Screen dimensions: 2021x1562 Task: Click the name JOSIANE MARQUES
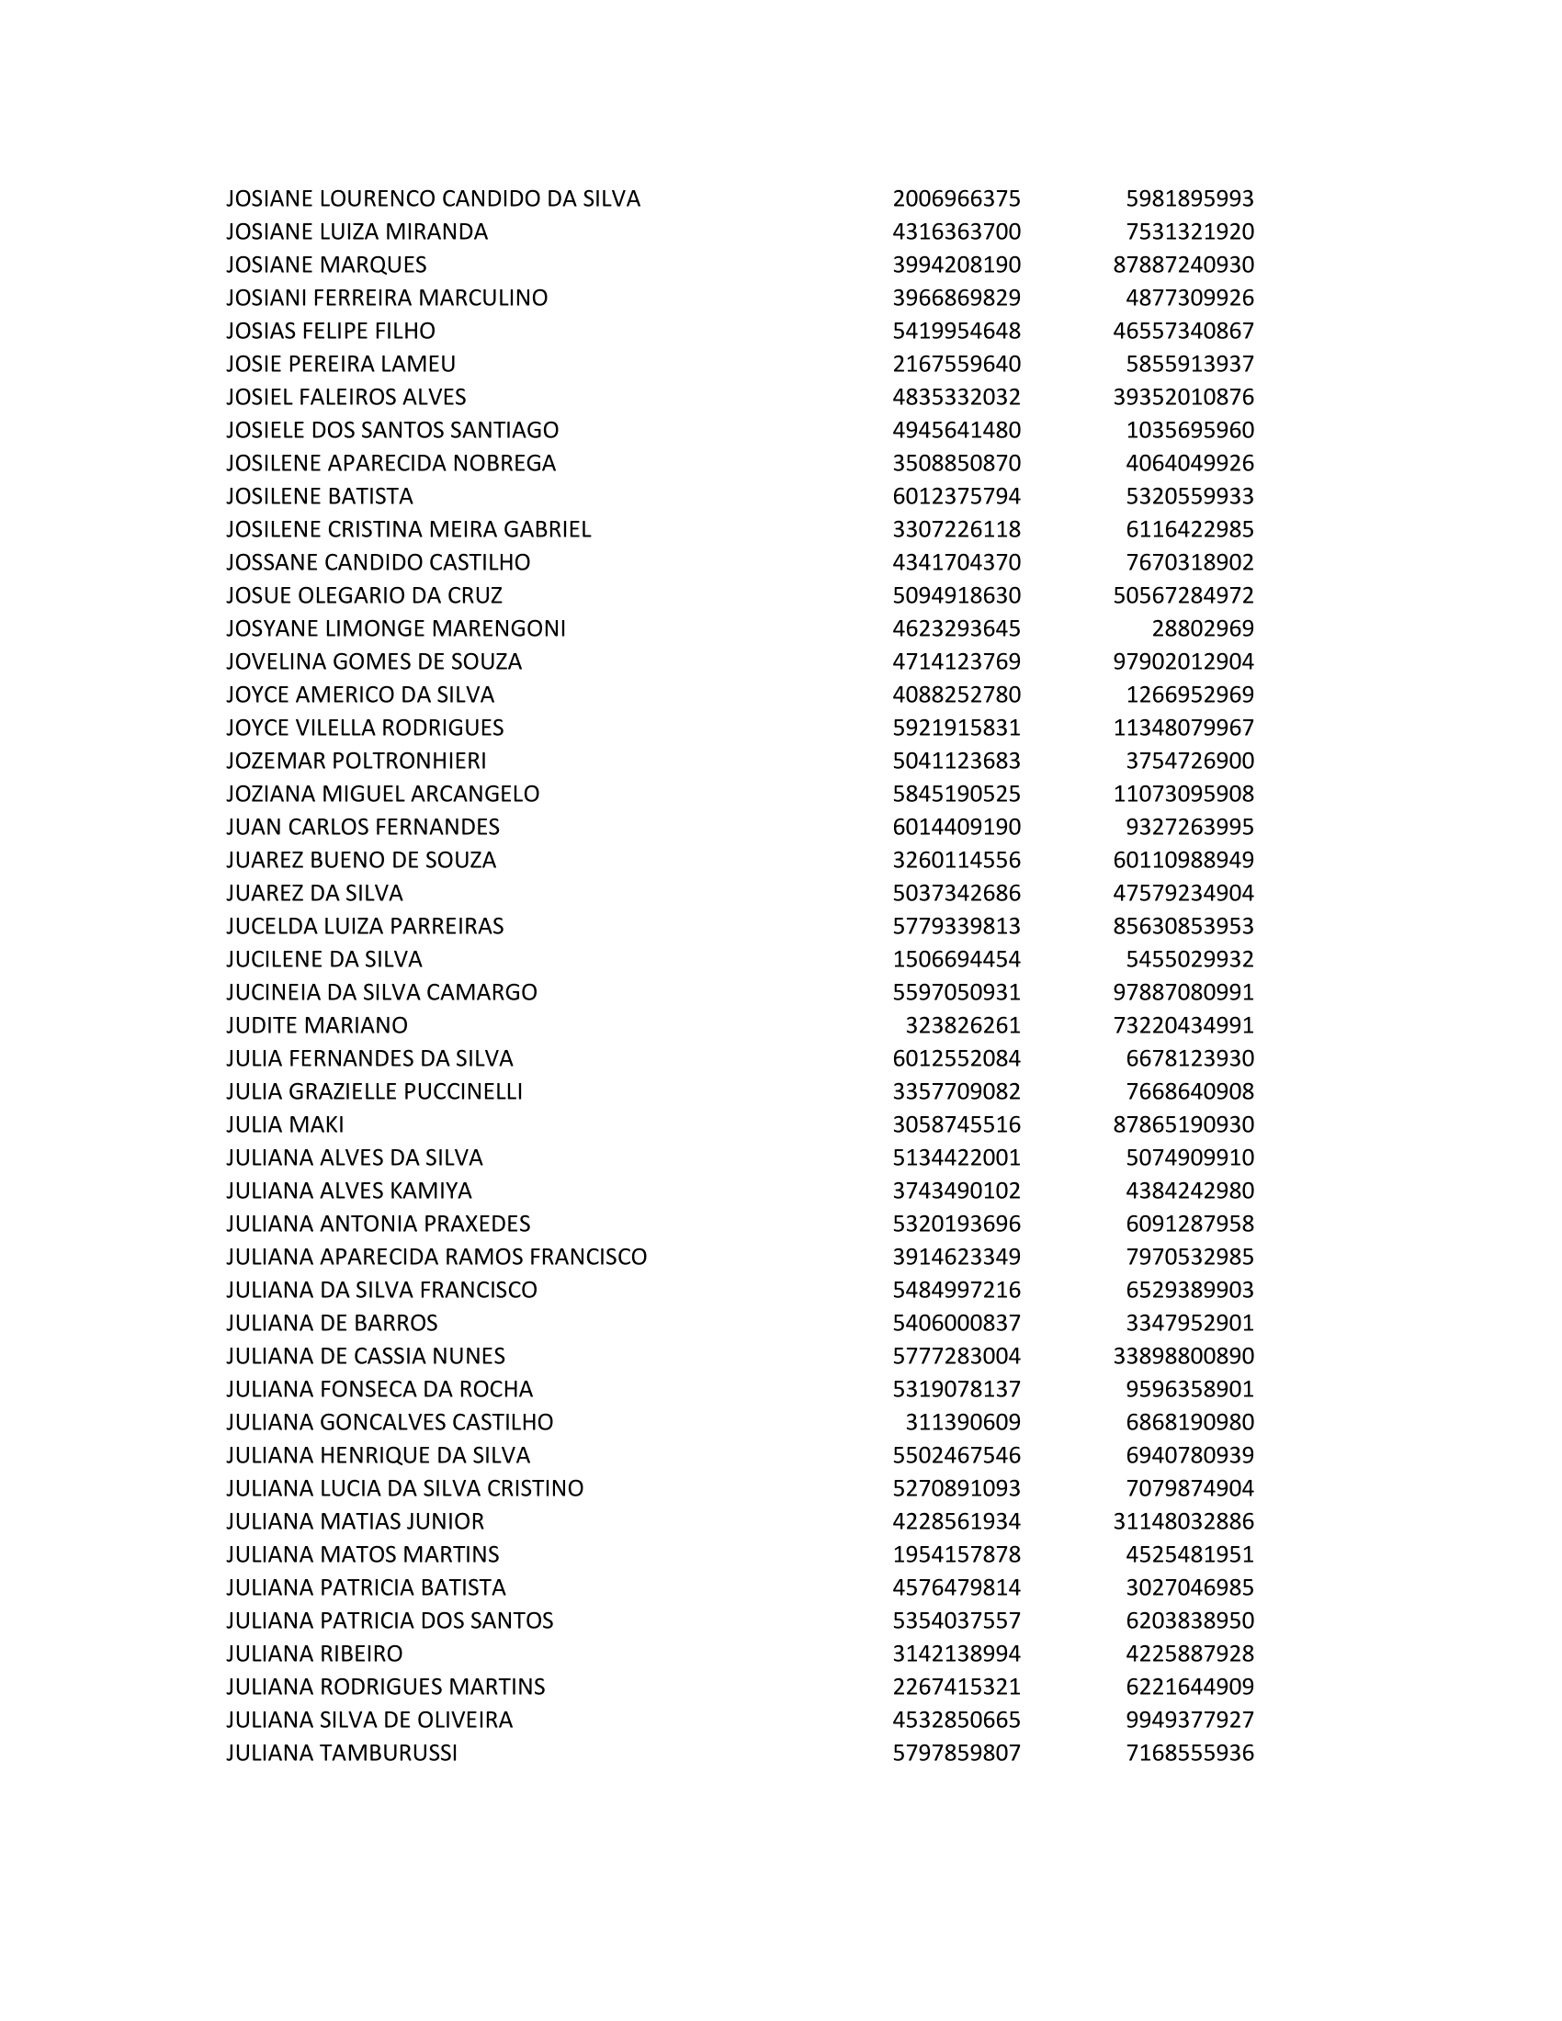click(x=326, y=265)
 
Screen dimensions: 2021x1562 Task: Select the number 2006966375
click(x=956, y=199)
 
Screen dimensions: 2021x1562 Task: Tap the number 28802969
click(x=1202, y=628)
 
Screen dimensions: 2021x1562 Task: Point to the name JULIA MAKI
click(x=285, y=1124)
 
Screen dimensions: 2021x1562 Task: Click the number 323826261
click(x=962, y=1025)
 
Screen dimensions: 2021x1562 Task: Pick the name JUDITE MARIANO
click(x=316, y=1025)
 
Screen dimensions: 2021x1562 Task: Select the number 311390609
click(x=962, y=1421)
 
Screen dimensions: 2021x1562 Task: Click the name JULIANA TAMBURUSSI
click(x=342, y=1753)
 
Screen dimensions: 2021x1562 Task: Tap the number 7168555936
click(x=1189, y=1753)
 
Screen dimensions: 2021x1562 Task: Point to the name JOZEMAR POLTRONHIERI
click(x=357, y=761)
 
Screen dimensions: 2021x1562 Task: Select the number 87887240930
click(x=1183, y=265)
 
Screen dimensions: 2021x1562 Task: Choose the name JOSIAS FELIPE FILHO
click(x=331, y=331)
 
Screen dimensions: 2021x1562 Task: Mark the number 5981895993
click(x=1189, y=199)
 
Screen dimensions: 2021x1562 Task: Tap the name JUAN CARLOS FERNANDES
click(x=363, y=827)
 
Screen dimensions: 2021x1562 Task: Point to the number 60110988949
click(x=1183, y=860)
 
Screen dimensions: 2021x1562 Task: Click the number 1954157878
click(x=956, y=1553)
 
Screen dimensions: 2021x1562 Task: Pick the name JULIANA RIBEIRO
click(x=314, y=1653)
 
